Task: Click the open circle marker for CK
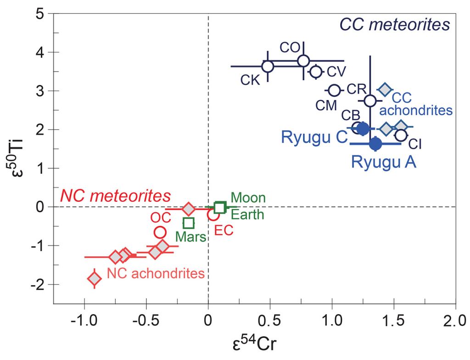268,66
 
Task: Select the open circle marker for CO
303,61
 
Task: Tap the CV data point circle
316,71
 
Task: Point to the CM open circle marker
335,90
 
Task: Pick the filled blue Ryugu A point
375,144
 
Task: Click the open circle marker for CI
401,135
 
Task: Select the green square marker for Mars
189,223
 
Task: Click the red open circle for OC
160,232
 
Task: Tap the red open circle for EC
213,214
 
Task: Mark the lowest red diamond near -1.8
95,278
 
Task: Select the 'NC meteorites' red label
116,196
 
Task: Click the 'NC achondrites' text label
156,273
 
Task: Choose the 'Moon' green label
248,198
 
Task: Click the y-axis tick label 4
41,52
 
